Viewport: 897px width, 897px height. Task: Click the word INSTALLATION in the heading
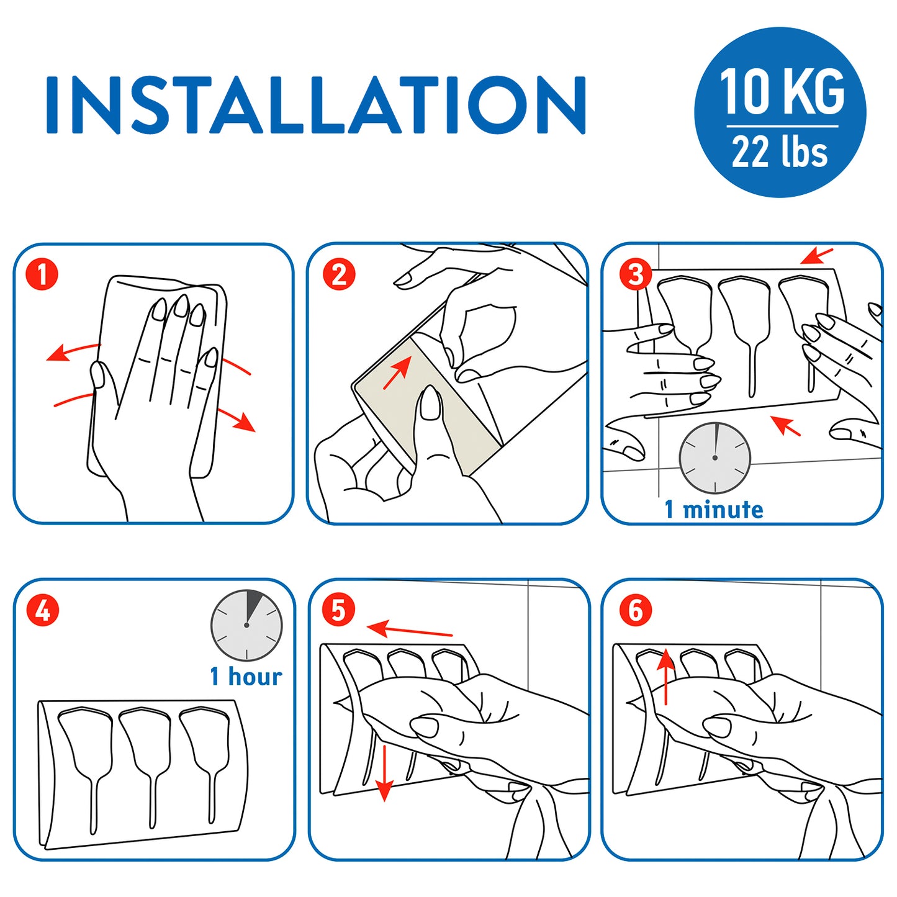click(x=315, y=105)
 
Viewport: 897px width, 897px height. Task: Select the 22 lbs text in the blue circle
click(x=780, y=151)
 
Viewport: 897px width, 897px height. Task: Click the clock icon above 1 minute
click(x=714, y=458)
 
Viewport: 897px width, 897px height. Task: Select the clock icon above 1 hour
click(x=246, y=625)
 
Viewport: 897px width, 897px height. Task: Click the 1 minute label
click(x=714, y=509)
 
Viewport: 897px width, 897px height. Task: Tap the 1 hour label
click(x=246, y=677)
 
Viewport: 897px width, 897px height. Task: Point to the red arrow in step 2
click(x=397, y=372)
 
